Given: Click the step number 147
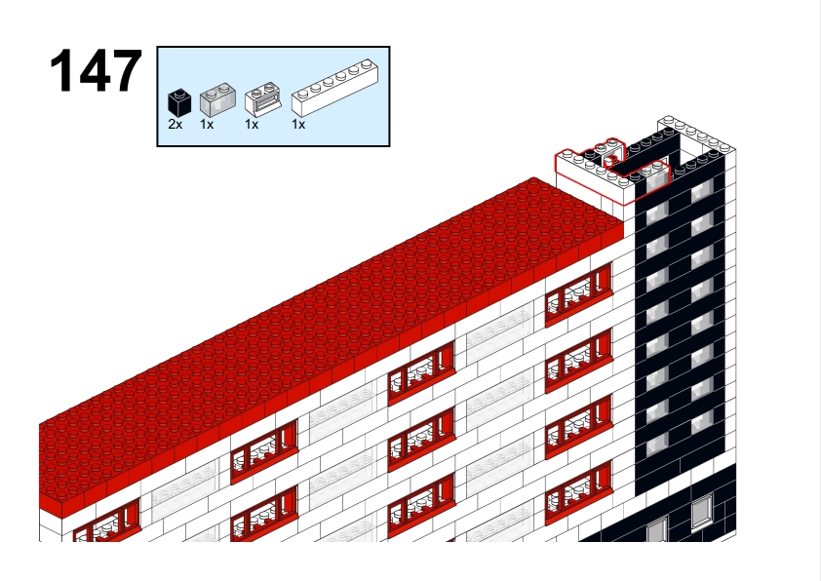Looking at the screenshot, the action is [96, 70].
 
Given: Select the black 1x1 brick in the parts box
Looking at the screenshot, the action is [179, 102].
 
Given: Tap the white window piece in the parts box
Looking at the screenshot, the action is [263, 98].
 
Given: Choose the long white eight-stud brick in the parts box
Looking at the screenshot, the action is [335, 88].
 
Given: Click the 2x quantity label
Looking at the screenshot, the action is [175, 125].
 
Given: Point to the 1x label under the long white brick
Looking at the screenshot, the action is [298, 125].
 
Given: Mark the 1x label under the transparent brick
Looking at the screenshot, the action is [207, 125].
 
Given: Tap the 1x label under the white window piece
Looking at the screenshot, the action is [252, 125].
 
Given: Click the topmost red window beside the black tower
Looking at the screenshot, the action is [578, 294].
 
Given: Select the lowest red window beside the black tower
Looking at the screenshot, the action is [578, 493].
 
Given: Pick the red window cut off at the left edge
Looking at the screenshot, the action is [107, 521].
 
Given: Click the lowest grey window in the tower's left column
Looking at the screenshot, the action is [657, 445].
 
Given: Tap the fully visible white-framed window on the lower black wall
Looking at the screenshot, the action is [702, 511].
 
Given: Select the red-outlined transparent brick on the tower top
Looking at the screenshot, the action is [657, 179].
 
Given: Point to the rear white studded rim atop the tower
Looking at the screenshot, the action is [696, 134].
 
